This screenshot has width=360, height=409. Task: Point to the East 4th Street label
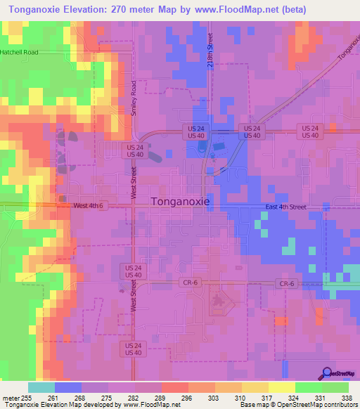[x=286, y=207]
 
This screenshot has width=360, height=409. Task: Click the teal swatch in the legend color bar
[x=41, y=387]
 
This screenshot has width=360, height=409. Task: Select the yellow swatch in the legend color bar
[x=282, y=387]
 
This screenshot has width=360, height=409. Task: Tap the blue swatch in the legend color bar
[x=68, y=387]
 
